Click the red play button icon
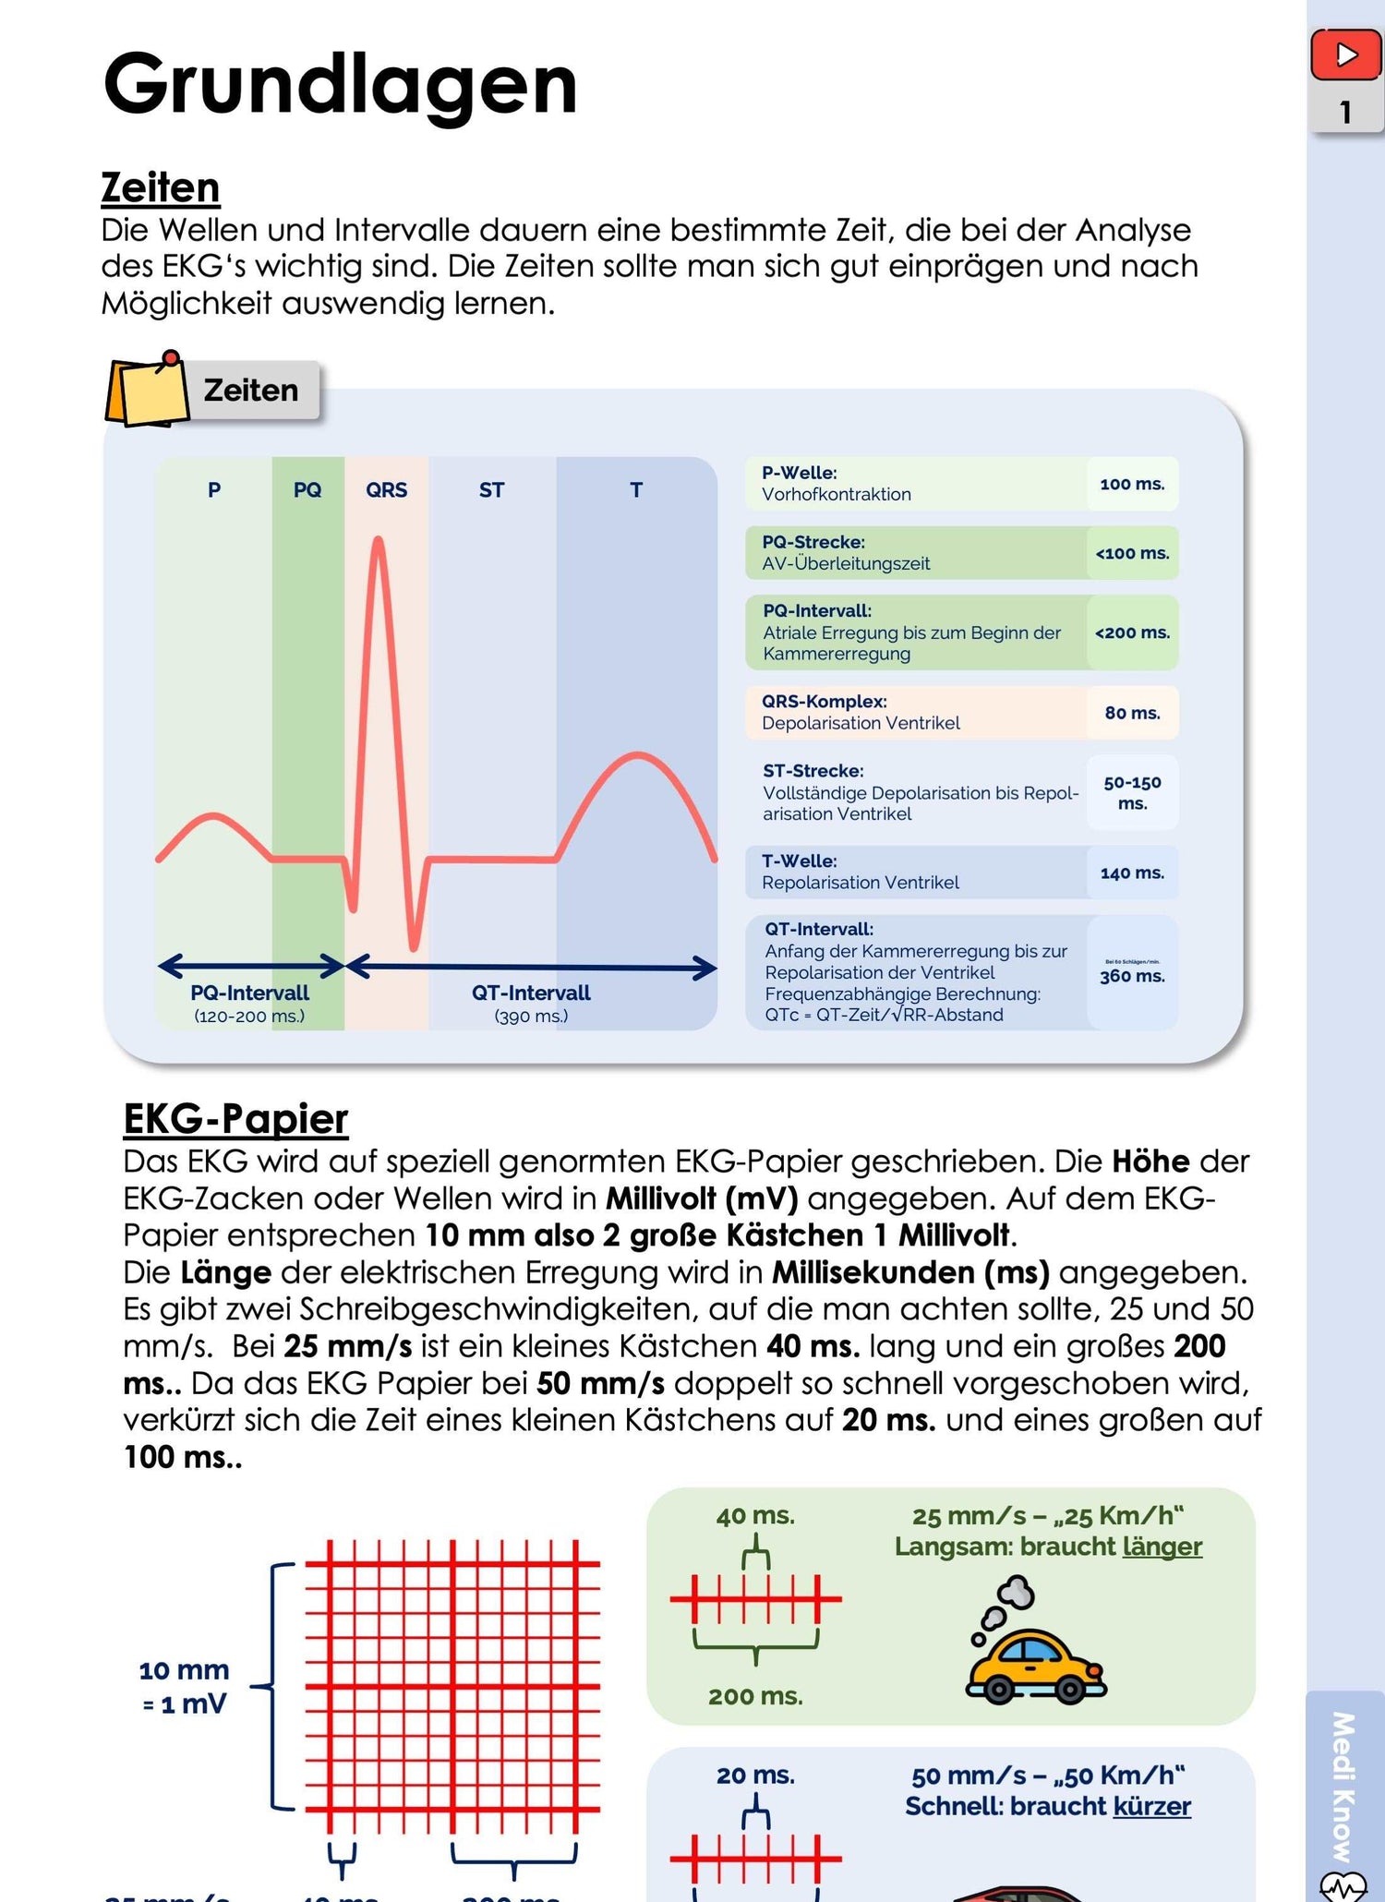click(1345, 55)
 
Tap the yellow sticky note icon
click(145, 390)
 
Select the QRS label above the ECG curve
click(386, 490)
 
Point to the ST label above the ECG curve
click(491, 490)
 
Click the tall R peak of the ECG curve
click(378, 545)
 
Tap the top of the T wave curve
click(637, 756)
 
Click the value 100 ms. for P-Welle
click(1132, 484)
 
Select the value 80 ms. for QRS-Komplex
click(1132, 713)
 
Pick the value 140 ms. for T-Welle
click(1132, 873)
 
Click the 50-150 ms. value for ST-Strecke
click(1132, 792)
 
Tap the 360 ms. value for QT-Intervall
click(1132, 976)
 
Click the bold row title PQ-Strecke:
click(813, 542)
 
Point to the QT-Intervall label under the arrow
click(531, 993)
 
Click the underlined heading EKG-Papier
click(235, 1118)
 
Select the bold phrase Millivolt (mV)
click(702, 1198)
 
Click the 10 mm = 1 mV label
click(184, 1686)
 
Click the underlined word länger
click(1162, 1547)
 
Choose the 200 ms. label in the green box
click(755, 1696)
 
